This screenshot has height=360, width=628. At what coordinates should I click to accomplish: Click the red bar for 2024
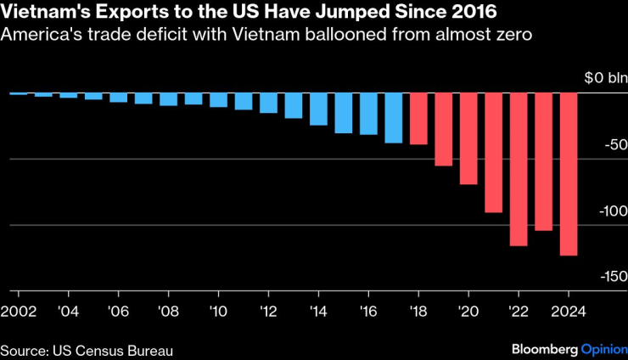569,174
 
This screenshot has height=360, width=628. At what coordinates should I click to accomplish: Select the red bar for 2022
519,169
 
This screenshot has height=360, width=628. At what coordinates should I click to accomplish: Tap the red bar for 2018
418,119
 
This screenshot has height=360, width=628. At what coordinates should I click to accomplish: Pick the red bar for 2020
468,138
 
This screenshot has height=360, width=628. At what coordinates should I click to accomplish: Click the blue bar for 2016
368,114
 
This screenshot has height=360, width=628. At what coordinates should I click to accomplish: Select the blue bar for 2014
318,109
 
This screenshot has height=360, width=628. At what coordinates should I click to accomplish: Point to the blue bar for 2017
393,118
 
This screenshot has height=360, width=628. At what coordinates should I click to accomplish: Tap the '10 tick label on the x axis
218,310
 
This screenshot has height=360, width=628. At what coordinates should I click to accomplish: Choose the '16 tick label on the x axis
368,310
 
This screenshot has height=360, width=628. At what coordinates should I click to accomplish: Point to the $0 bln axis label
603,78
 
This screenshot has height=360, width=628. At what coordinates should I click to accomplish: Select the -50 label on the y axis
614,146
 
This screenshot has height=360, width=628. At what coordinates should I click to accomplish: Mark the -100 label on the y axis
611,211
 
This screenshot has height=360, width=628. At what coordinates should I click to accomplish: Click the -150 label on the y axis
611,277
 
